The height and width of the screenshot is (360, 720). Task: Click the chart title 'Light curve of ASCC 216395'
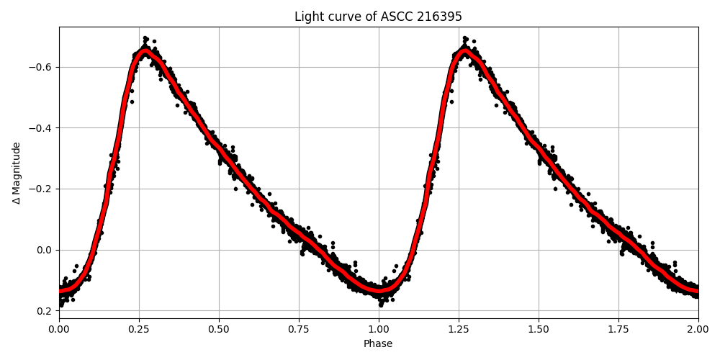pyautogui.click(x=378, y=17)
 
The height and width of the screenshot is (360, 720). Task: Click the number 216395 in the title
pyautogui.click(x=438, y=17)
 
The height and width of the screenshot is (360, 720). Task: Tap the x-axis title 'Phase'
pyautogui.click(x=378, y=344)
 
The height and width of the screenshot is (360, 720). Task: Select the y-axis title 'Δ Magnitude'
pyautogui.click(x=17, y=173)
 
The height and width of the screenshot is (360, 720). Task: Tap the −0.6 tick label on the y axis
pyautogui.click(x=41, y=67)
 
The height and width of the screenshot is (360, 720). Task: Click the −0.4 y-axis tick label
pyautogui.click(x=41, y=128)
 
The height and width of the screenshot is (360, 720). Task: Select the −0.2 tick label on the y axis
pyautogui.click(x=41, y=189)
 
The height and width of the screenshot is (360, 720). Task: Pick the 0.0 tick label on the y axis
pyautogui.click(x=45, y=250)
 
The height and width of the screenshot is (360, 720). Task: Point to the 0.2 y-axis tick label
pyautogui.click(x=45, y=311)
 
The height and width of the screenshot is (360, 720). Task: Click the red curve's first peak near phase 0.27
pyautogui.click(x=145, y=52)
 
